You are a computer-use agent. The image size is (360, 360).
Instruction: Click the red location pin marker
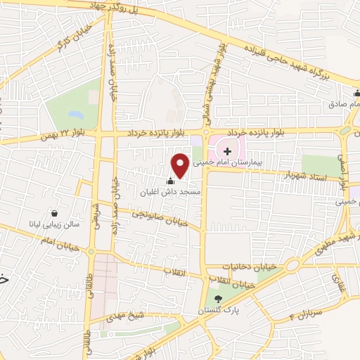180,165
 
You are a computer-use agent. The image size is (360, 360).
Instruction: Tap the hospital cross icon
227,151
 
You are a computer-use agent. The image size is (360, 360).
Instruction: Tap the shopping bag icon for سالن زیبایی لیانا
55,213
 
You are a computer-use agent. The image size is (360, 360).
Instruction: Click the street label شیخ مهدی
123,319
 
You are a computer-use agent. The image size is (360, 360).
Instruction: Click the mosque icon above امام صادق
356,94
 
